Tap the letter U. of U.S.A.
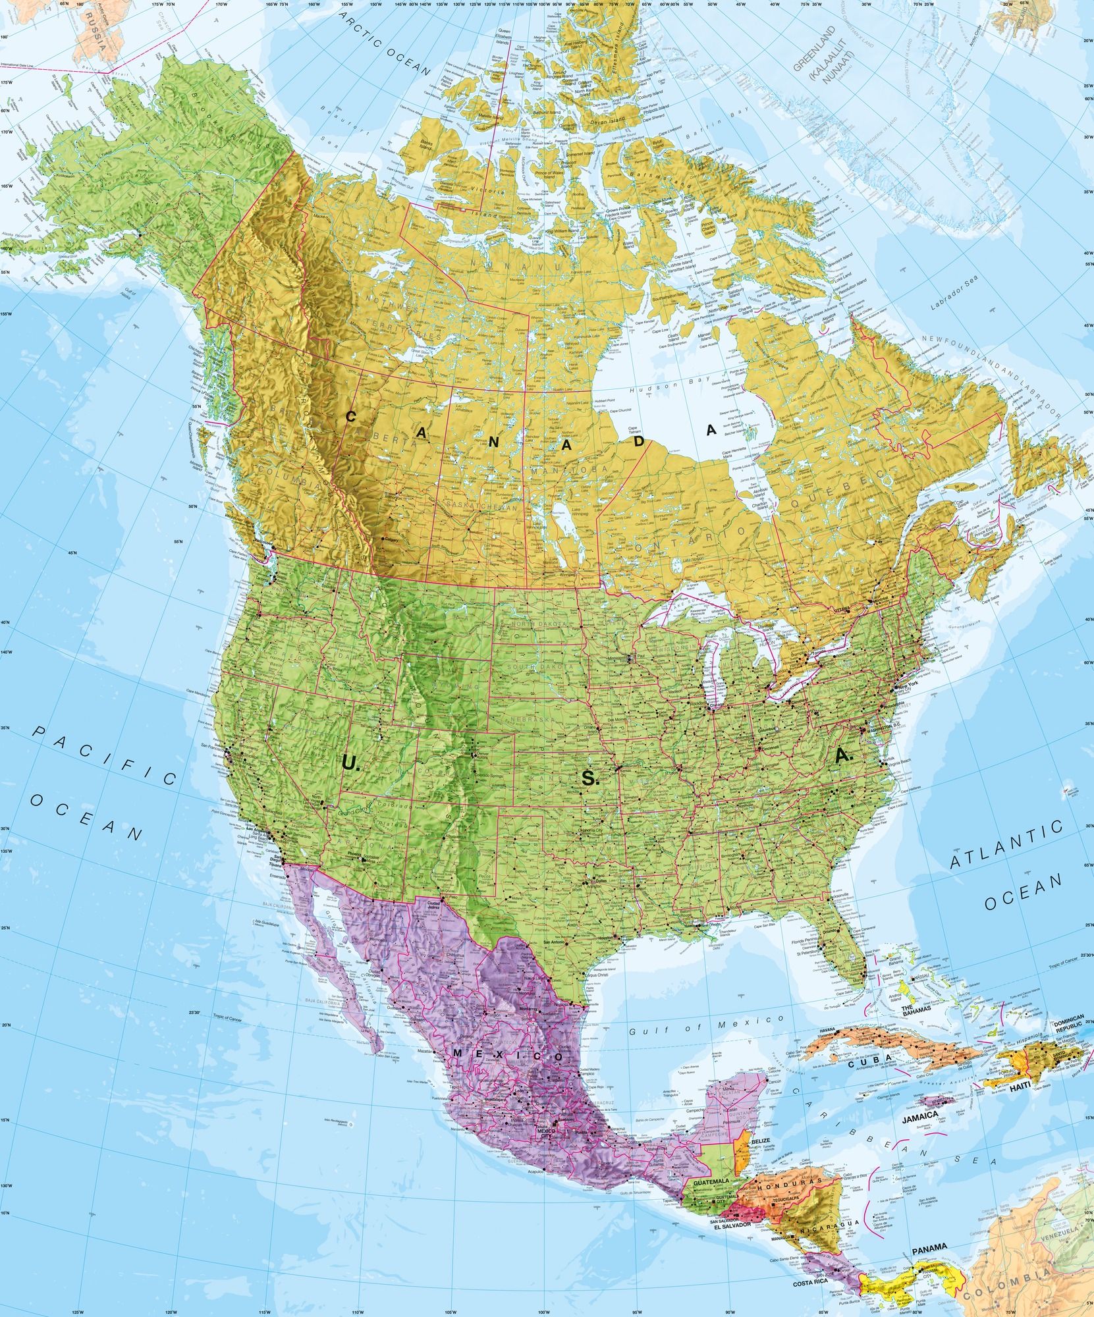coord(349,764)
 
